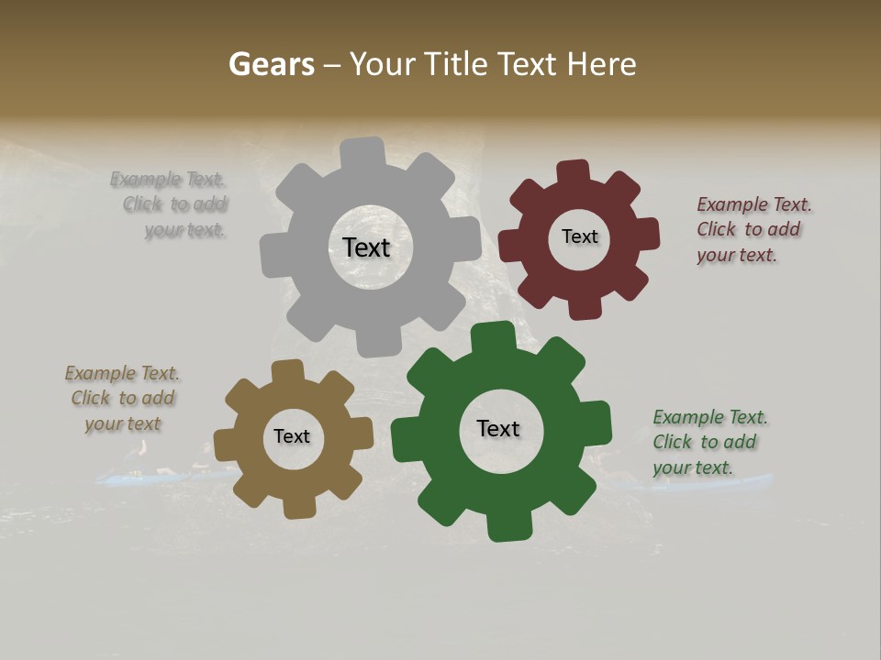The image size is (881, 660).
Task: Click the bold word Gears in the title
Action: coord(272,64)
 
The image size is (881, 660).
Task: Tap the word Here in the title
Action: coord(602,64)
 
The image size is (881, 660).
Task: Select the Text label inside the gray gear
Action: coord(366,247)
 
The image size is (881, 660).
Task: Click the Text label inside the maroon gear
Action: coord(579,236)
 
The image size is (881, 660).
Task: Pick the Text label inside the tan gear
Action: coord(292,436)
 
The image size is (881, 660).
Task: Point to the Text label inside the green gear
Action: coord(498,428)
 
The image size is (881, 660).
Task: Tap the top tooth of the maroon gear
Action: coord(574,172)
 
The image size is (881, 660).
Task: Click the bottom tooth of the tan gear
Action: coord(297,505)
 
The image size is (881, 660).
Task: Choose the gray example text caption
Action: coord(169,204)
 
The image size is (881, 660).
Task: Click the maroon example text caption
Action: coord(753,229)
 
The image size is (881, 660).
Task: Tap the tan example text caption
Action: coord(122,398)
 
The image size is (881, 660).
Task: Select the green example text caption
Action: coord(709,442)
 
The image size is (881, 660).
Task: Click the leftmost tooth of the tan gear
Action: coord(227,443)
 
